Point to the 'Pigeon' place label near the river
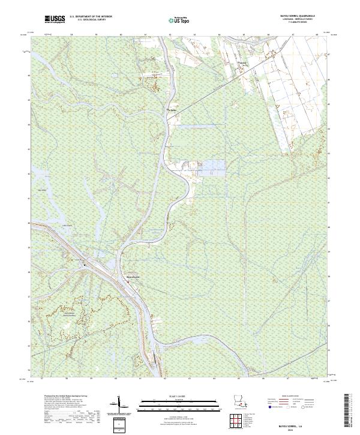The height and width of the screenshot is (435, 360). tap(172, 110)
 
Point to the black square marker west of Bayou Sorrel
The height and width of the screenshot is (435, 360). tap(85, 264)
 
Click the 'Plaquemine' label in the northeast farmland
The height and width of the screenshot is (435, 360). tap(244, 62)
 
